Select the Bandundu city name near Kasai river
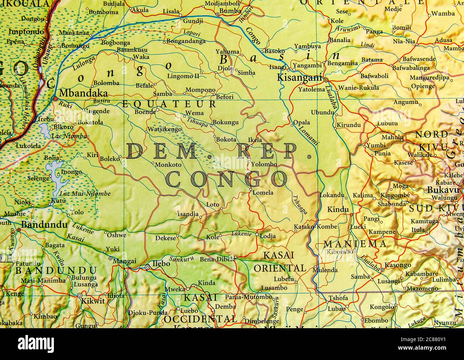[44, 225]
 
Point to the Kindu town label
[338, 209]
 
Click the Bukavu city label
[443, 190]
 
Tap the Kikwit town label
[93, 301]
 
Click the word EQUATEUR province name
[169, 104]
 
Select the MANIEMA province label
[355, 244]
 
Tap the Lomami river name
[309, 135]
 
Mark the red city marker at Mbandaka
[55, 98]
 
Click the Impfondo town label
[24, 31]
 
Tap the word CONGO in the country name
[227, 179]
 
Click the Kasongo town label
[398, 265]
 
